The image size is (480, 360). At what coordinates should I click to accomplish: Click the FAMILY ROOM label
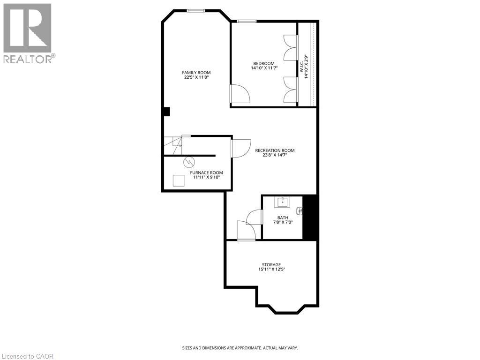(196, 72)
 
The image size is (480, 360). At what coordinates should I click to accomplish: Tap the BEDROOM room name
(264, 63)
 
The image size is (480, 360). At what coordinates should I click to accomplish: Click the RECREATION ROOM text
(275, 150)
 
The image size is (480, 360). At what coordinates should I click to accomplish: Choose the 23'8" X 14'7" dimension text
(275, 155)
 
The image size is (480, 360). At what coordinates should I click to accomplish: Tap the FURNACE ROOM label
(206, 172)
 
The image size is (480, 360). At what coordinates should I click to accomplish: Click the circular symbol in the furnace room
(189, 162)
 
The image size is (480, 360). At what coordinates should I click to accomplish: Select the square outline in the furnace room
(179, 180)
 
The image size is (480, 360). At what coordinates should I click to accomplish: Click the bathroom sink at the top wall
(283, 202)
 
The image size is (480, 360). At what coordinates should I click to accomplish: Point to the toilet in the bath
(300, 211)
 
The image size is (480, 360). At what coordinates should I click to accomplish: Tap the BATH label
(283, 217)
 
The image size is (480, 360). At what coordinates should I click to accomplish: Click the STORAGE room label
(271, 264)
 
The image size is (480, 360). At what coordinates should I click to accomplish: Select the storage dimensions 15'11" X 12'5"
(271, 269)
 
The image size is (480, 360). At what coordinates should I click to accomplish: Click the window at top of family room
(195, 10)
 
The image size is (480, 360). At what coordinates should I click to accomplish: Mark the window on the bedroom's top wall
(247, 21)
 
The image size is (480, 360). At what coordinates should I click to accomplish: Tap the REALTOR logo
(28, 33)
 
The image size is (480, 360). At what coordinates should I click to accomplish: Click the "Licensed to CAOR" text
(28, 356)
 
